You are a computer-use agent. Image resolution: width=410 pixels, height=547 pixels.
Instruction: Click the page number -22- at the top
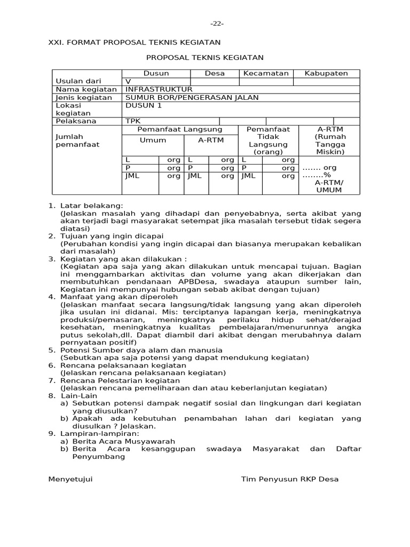216,24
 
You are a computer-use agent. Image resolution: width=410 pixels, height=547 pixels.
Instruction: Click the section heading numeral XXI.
57,42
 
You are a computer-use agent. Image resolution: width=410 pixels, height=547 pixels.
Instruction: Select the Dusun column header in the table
156,73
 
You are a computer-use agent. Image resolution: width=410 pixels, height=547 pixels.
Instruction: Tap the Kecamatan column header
266,73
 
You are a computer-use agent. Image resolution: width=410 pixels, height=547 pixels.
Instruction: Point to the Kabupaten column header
326,73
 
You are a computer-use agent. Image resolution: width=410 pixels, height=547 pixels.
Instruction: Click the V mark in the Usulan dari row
128,81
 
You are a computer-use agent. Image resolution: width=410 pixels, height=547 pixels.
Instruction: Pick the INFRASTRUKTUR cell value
159,89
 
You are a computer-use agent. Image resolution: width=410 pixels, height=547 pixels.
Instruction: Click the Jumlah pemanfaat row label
77,140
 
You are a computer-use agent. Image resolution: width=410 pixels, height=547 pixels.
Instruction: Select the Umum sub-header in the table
153,140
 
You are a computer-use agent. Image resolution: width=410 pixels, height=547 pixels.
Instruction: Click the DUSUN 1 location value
143,105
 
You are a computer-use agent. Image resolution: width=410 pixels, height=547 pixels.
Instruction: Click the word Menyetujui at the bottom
70,479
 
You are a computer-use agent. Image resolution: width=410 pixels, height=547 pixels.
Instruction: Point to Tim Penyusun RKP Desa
289,479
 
